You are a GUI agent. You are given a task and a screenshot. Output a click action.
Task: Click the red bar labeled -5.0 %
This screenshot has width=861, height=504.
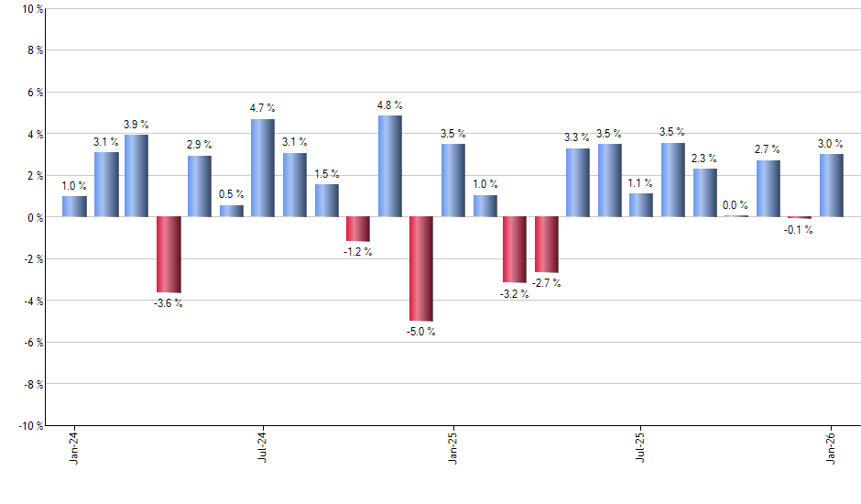[421, 268]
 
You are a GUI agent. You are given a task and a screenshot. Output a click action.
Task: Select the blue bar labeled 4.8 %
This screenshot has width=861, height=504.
[389, 166]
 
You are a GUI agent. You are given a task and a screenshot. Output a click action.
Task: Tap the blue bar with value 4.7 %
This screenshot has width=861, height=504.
[263, 168]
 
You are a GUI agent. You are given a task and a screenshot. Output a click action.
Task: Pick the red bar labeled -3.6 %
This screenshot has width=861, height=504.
[169, 254]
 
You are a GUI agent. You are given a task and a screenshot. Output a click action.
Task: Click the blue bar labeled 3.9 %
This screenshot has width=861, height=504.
[136, 176]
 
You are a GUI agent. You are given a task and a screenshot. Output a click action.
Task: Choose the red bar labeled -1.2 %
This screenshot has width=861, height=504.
[358, 229]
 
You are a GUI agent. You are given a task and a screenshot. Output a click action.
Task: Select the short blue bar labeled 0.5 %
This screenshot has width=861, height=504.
[232, 211]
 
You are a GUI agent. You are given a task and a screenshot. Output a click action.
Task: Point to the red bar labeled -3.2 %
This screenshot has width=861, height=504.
[515, 249]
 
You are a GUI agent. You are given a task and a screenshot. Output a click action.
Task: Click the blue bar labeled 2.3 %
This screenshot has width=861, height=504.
[704, 192]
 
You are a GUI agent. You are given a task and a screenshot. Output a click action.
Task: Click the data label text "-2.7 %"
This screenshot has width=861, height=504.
[547, 284]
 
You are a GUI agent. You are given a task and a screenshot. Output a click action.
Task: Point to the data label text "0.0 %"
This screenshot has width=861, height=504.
[736, 206]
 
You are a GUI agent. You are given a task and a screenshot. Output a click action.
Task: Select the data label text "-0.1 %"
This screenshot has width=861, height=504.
[799, 230]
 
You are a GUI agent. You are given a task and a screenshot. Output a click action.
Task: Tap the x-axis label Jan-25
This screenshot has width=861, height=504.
[453, 450]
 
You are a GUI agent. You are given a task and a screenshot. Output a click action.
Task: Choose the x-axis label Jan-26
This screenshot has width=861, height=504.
[832, 450]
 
